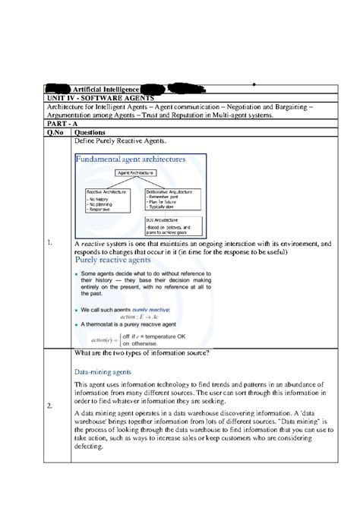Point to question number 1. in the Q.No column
click(x=49, y=243)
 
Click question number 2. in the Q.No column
click(x=49, y=405)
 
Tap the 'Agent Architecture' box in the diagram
click(x=135, y=173)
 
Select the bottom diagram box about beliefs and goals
click(x=173, y=227)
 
